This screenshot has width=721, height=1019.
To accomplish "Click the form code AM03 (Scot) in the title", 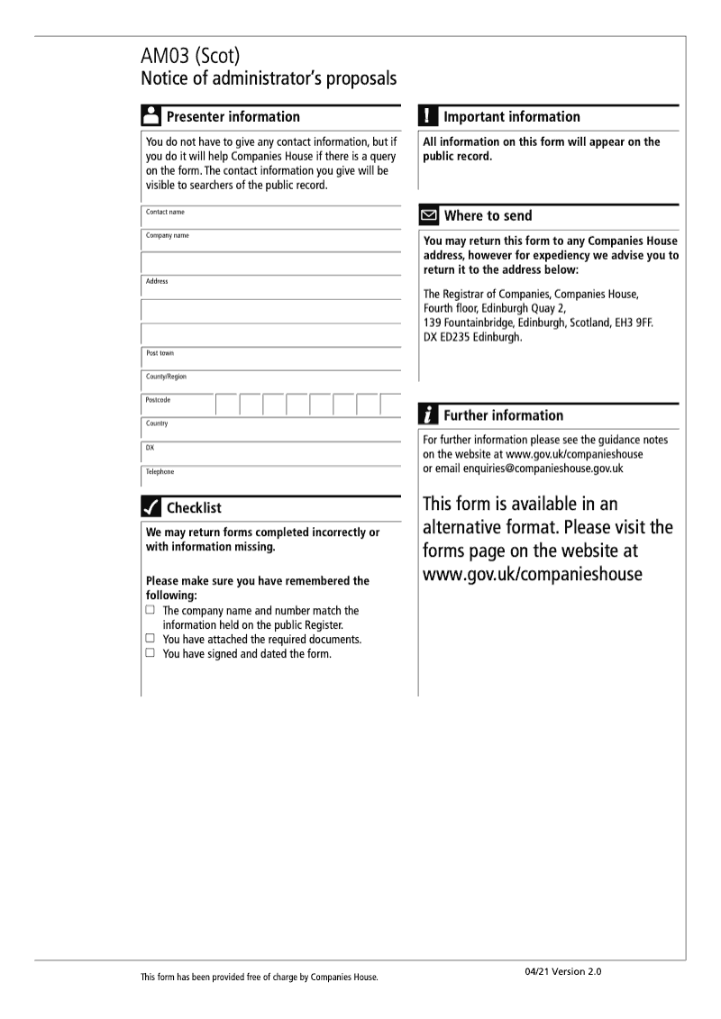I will (190, 58).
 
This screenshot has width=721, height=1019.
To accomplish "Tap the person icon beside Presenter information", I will (151, 116).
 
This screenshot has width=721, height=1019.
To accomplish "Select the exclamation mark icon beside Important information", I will (429, 116).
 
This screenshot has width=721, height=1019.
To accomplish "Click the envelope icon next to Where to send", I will (429, 216).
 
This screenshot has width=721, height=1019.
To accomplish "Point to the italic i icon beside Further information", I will (429, 415).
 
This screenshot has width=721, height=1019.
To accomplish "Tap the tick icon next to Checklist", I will (151, 507).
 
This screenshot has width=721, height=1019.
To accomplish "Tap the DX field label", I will (150, 447).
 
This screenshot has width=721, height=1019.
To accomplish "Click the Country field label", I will (157, 423).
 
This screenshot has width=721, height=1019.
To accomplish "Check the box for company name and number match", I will (151, 610).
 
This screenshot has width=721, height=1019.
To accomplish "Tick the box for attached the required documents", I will (151, 639).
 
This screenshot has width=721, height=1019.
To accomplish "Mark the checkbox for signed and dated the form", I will (151, 653).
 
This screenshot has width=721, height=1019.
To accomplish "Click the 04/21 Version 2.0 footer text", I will (562, 971).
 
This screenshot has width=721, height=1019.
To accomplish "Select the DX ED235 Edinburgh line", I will (472, 337).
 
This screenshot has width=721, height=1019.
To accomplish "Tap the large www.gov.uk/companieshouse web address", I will (533, 574).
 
